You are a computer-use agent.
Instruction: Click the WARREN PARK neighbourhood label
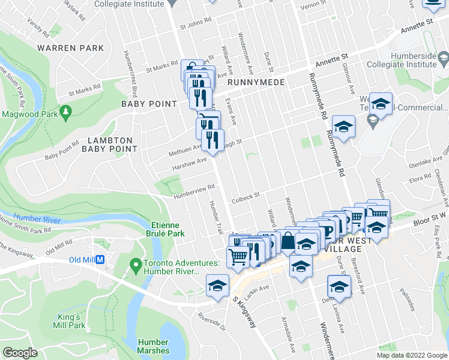[70, 48]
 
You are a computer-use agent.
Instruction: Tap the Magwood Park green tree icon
[66, 111]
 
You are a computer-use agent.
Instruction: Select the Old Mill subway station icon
[101, 260]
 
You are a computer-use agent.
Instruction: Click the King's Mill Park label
[82, 321]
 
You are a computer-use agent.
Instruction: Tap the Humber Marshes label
[153, 346]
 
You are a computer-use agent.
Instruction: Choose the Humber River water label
[36, 219]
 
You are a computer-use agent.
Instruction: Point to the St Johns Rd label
[196, 26]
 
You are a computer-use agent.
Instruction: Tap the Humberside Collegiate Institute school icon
[444, 59]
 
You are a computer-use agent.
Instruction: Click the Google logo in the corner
[20, 353]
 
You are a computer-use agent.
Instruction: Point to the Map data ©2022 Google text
[412, 355]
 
